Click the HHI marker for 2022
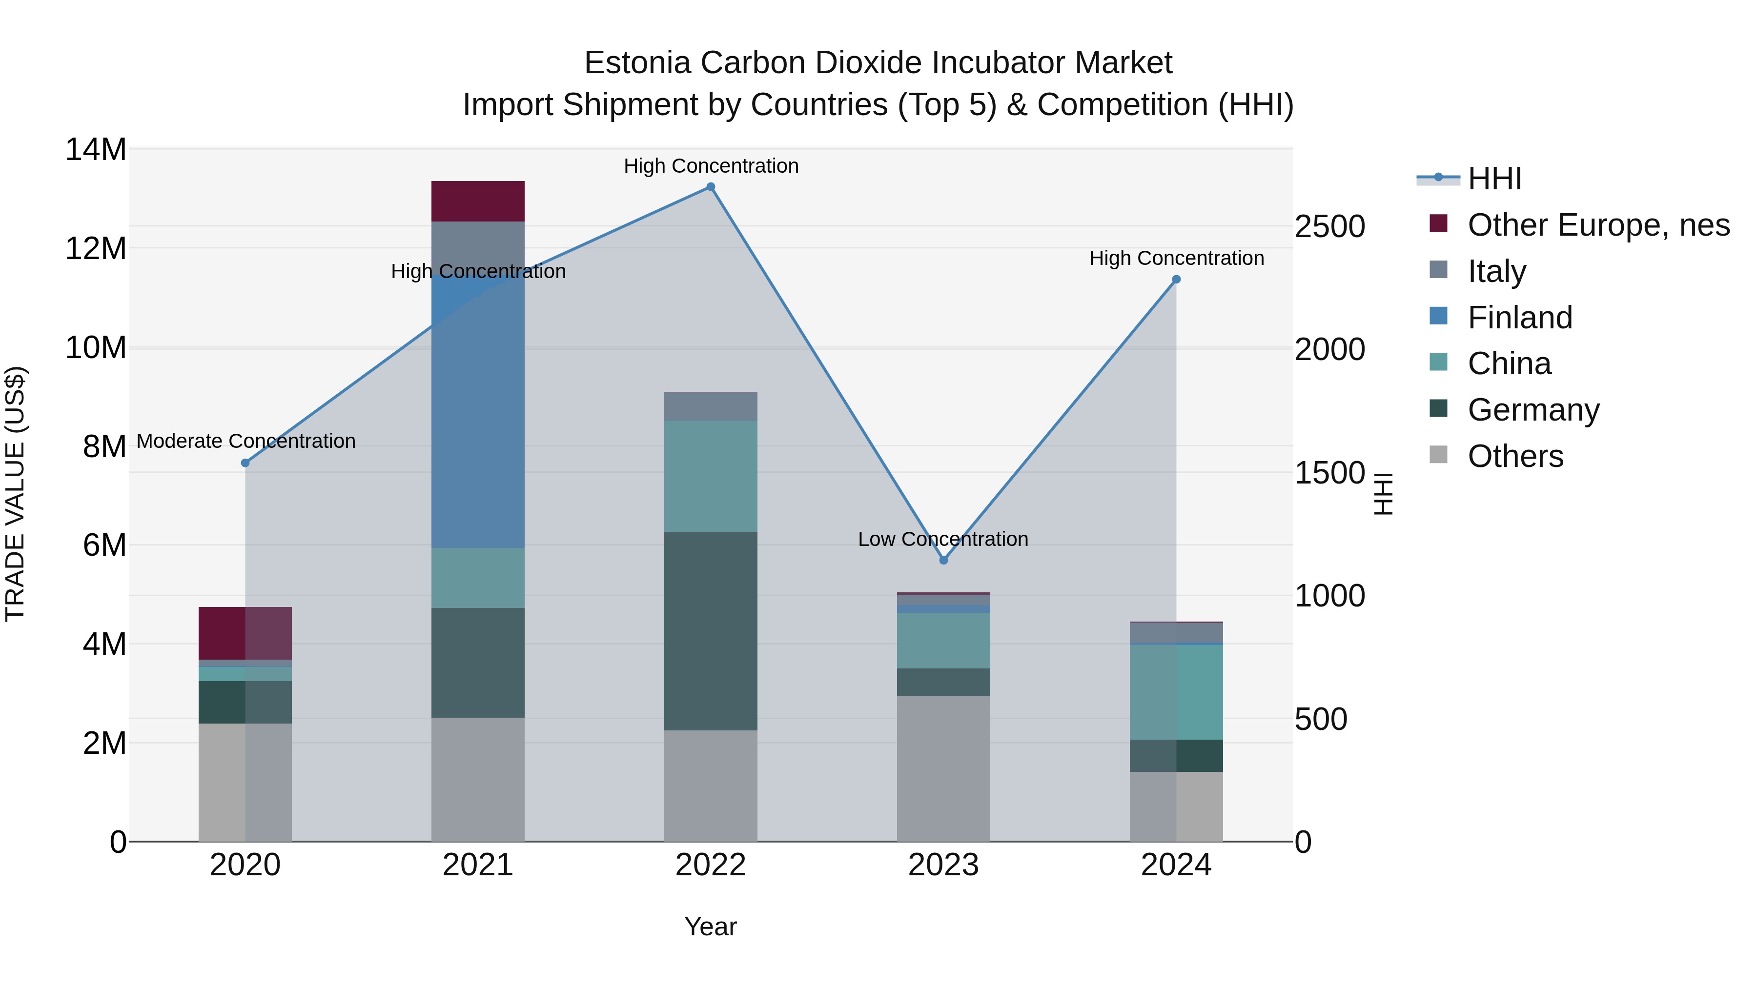tap(710, 187)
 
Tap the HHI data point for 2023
tap(943, 561)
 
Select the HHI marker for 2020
tap(245, 463)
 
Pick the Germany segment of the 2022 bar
tap(710, 631)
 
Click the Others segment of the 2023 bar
tap(943, 768)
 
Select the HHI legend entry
tap(1494, 179)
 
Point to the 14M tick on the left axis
tap(96, 149)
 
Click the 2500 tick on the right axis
tap(1329, 226)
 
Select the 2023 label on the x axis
tap(943, 865)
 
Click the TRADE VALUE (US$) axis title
tap(15, 494)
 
